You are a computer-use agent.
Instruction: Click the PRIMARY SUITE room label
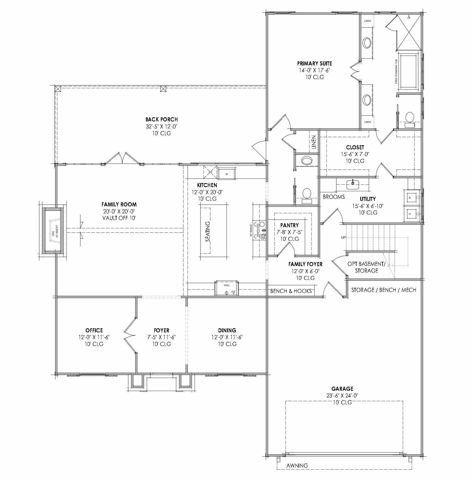coord(314,64)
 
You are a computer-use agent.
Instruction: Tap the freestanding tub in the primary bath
coord(408,71)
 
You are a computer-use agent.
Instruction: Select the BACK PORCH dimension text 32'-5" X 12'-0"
coord(161,126)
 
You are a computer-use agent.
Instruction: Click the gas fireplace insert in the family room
coord(54,231)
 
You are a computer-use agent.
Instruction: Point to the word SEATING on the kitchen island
coord(208,231)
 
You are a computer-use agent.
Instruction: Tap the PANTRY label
coord(289,225)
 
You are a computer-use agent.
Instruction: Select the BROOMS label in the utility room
coord(334,197)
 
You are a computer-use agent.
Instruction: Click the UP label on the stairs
coord(343,237)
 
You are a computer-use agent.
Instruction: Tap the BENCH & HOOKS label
coord(291,291)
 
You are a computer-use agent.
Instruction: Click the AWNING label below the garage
coord(297,465)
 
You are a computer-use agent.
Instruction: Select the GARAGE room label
coord(342,389)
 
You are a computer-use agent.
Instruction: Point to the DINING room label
coord(227,330)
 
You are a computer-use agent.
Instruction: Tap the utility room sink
coord(353,185)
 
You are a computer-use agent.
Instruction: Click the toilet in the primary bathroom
coord(409,118)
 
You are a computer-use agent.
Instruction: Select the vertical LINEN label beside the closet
coord(314,142)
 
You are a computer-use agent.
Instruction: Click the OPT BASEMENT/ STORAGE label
coord(366,267)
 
